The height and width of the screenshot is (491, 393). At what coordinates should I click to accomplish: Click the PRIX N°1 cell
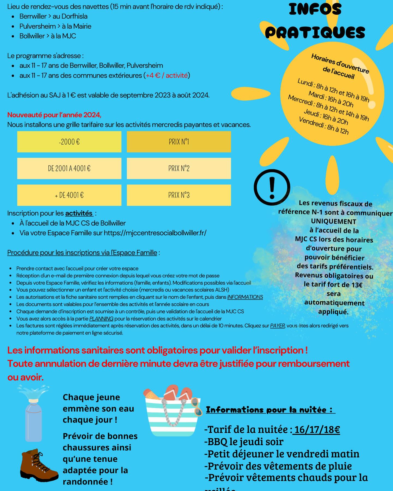(x=179, y=142)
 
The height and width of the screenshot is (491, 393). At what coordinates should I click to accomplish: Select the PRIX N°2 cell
(x=179, y=169)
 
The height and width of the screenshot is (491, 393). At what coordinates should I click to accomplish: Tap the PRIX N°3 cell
(x=179, y=195)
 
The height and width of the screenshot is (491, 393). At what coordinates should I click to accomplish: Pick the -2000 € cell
(x=69, y=142)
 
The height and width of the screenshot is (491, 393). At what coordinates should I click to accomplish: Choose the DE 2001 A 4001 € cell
(x=69, y=169)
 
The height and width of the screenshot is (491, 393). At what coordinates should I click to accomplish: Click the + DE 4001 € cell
(x=69, y=195)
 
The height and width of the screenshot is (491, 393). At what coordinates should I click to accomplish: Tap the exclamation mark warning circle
(x=272, y=187)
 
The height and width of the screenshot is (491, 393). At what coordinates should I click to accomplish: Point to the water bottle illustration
(x=34, y=417)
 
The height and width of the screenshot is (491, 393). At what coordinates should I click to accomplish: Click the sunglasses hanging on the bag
(x=196, y=406)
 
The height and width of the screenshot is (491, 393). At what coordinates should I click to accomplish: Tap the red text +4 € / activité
(x=167, y=76)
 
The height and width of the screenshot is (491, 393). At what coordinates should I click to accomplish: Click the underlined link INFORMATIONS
(x=245, y=297)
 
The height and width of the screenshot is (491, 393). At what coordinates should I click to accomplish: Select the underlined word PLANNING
(x=101, y=319)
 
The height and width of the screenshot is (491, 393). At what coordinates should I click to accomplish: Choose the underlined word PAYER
(x=277, y=326)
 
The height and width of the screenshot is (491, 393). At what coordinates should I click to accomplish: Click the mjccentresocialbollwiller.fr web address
(x=155, y=233)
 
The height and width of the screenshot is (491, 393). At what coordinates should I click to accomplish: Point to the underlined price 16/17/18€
(x=317, y=430)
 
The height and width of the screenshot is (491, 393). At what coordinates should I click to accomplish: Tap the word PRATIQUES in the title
(x=315, y=33)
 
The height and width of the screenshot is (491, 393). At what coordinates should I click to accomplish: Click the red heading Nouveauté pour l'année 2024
(x=54, y=115)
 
